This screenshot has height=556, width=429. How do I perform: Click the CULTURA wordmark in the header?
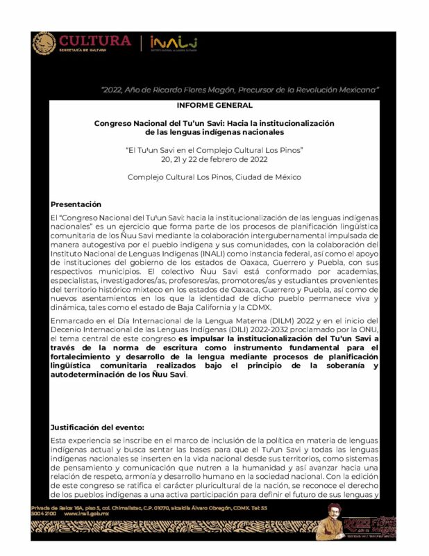(94, 40)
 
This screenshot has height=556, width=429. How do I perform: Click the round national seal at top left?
(44, 43)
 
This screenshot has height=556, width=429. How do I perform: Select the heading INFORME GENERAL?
(214, 105)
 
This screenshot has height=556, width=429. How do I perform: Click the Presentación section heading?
(76, 204)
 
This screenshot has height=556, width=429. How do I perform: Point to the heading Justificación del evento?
(97, 427)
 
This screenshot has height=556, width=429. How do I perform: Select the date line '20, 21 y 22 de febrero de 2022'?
(214, 159)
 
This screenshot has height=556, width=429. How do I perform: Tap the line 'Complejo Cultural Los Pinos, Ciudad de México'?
(214, 177)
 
